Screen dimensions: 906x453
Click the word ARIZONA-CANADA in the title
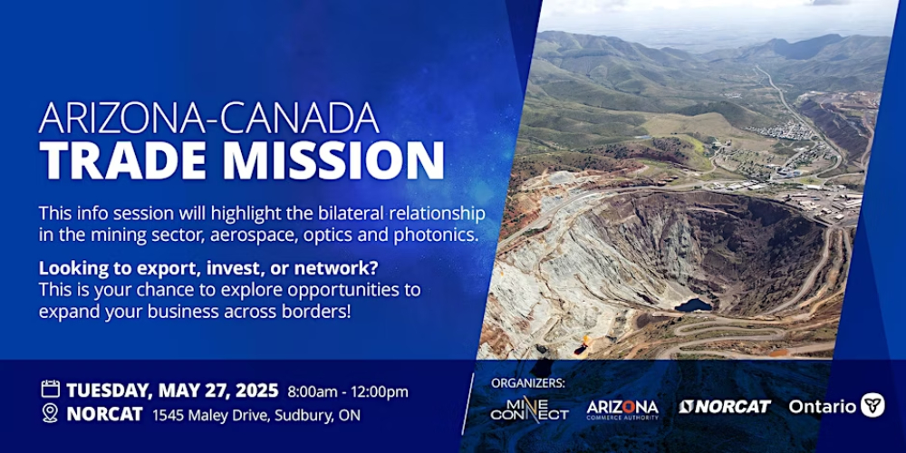point(209,119)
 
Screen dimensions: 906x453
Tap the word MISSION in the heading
point(333,159)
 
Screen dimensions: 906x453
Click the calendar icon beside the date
point(50,389)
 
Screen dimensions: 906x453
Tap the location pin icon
point(50,413)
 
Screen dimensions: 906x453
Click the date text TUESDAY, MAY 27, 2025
point(173,390)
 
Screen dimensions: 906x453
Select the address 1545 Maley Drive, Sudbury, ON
point(256,415)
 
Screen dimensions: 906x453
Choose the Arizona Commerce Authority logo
point(622,410)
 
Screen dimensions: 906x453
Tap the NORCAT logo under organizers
point(725,407)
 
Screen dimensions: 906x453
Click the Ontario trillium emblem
point(872,405)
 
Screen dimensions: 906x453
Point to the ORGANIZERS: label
point(528,382)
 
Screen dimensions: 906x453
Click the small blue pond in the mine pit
point(693,304)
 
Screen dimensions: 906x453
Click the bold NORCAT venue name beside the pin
point(104,415)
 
